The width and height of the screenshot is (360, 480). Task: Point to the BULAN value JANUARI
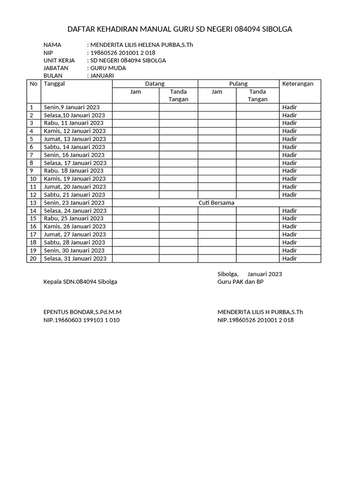102,75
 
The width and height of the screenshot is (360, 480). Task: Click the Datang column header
155,84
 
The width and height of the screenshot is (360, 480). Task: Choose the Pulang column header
238,84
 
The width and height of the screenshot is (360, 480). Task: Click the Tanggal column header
54,84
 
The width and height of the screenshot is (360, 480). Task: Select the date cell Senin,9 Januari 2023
71,107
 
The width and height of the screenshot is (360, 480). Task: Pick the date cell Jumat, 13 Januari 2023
75,139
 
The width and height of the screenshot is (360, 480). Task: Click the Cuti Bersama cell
216,203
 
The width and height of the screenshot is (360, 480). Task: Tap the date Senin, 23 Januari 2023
74,203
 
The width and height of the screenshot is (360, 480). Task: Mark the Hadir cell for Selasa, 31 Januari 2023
290,258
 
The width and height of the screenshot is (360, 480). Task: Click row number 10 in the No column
33,179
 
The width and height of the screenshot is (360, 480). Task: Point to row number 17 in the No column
33,234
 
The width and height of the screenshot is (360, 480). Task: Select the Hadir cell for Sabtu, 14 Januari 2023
290,147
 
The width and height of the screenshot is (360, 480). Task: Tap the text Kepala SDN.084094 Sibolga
80,282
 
